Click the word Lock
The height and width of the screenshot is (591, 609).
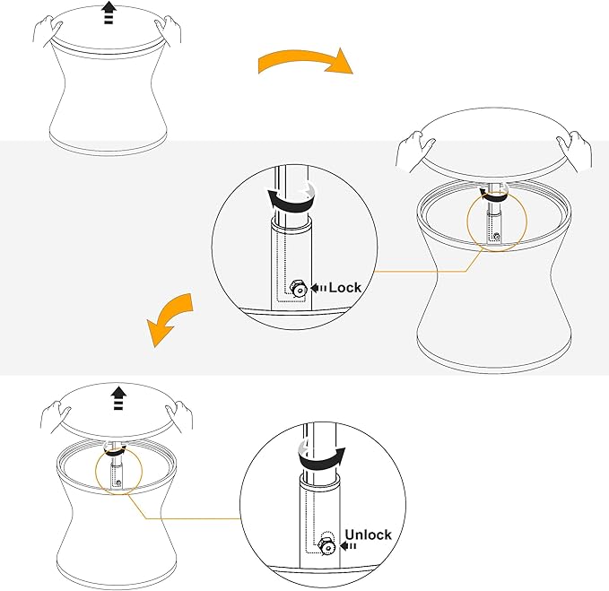(x=345, y=288)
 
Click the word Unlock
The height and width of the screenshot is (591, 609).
(x=369, y=535)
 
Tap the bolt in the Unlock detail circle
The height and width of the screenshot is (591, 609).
(x=327, y=546)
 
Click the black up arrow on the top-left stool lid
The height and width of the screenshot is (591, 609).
(x=109, y=13)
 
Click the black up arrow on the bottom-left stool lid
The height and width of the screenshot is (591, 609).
(x=118, y=398)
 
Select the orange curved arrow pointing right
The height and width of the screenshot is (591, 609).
(x=305, y=61)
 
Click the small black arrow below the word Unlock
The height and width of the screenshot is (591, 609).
(x=348, y=546)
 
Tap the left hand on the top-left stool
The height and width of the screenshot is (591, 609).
(x=48, y=30)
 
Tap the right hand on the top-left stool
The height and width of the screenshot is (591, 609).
(x=169, y=30)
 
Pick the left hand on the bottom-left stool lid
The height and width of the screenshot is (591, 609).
(x=56, y=417)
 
